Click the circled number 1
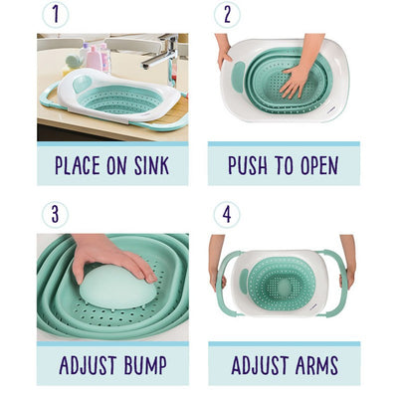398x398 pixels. click(55, 14)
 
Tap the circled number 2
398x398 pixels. click(227, 14)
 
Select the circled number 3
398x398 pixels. click(55, 215)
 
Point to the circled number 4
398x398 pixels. click(227, 215)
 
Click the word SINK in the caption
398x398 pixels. click(152, 165)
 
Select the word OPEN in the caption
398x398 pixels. click(319, 165)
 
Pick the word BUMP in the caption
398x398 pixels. click(145, 365)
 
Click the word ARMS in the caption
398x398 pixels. click(317, 365)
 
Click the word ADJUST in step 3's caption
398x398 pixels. click(88, 365)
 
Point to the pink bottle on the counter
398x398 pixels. click(94, 58)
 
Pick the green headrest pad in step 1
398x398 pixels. click(83, 84)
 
